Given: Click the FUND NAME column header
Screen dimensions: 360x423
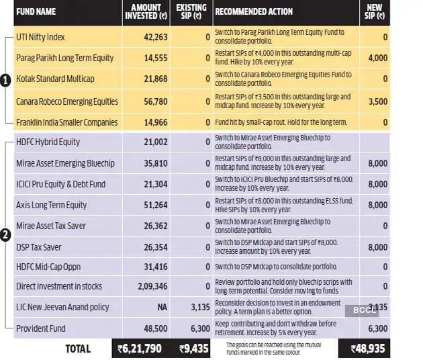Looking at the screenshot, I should coord(37,11).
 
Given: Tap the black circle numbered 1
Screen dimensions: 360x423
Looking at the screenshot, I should coord(5,81).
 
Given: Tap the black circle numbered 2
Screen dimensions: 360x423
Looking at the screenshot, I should coord(5,234).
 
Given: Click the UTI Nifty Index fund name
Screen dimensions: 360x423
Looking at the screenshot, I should coord(40,37).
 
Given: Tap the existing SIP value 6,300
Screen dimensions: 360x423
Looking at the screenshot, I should coord(199,328).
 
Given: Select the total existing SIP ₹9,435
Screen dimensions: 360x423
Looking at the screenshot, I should coord(194,349).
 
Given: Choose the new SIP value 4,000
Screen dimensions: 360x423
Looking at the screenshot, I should coord(377,58).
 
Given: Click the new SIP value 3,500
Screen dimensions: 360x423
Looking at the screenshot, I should coord(377,101).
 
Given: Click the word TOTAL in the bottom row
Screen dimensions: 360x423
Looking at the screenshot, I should coord(78,349).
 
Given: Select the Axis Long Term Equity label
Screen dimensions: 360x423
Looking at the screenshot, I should coord(51,205).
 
